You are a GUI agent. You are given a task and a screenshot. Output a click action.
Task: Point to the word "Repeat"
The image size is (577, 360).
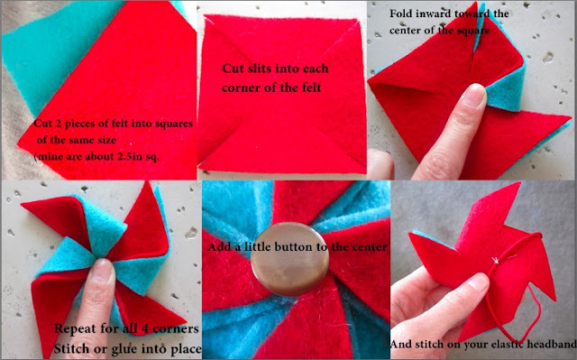click(76, 328)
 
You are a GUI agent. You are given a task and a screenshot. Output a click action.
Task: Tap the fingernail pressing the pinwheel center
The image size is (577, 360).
click(102, 269)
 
